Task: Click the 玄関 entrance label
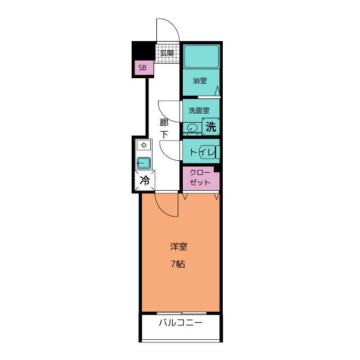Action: pos(166,53)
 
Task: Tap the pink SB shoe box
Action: pos(144,67)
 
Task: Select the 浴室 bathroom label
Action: pos(200,80)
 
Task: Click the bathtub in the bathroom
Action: pos(201,56)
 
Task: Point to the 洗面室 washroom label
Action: pos(199,110)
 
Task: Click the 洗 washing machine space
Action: pos(211,127)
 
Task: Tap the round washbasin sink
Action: pos(191,128)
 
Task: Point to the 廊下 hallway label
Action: pos(164,129)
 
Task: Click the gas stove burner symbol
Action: pos(144,145)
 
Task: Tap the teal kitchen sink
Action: pos(144,163)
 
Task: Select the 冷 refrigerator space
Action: pos(145,180)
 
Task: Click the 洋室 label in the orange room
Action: pos(178,246)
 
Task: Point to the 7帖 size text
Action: pos(178,264)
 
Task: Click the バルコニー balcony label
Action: pos(181,323)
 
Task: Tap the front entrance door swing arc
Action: pos(173,25)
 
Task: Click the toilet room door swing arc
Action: pos(166,155)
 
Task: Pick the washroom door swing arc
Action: pos(164,115)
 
